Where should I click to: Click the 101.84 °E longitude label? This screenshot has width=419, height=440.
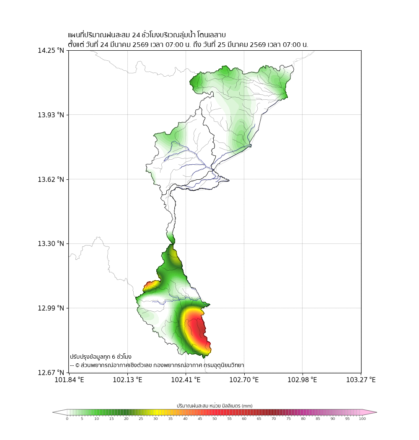coord(70,380)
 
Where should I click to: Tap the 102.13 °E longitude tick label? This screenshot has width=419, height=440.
coord(128,380)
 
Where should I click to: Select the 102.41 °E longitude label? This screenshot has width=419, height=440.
coord(186,380)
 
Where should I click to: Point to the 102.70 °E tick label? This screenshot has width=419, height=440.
coord(244,380)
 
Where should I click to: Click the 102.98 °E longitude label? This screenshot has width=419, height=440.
coord(303,380)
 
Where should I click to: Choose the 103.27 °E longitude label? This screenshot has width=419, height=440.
coord(361,380)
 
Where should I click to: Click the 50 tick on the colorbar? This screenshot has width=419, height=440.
coord(215,419)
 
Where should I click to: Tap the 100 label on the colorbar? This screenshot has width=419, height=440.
coord(362,419)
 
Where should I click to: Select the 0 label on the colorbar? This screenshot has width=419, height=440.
coord(67,419)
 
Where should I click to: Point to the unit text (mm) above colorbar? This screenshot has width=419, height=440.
coord(247,406)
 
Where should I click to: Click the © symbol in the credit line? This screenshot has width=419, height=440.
coord(77,365)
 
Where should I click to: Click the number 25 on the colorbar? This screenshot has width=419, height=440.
coord(141,419)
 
